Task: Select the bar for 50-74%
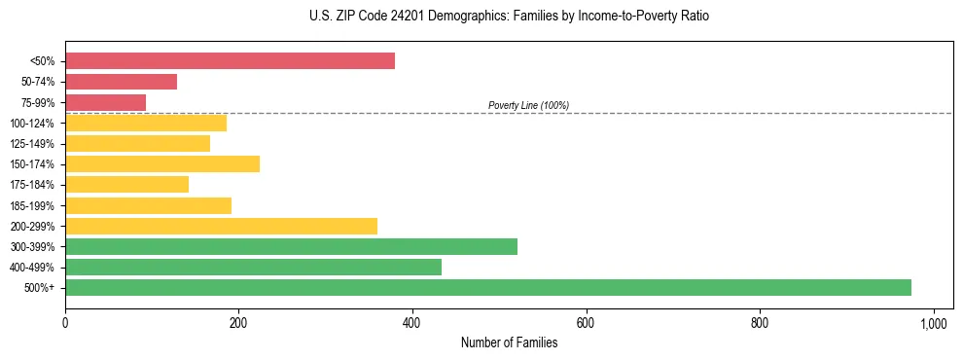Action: coord(121,82)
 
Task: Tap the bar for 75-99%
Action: coord(105,102)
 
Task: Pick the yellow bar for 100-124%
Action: coord(146,123)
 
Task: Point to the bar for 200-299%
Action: coord(221,226)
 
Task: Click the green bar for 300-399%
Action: coord(291,246)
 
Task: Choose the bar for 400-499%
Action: coord(253,267)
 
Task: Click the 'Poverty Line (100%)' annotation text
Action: coord(528,105)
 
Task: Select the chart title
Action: coord(509,17)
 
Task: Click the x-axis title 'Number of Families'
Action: coord(509,342)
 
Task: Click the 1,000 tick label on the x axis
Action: coord(933,323)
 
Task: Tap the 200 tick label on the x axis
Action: coord(238,323)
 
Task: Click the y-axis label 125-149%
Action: coord(32,144)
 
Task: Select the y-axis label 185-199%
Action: coord(32,205)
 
